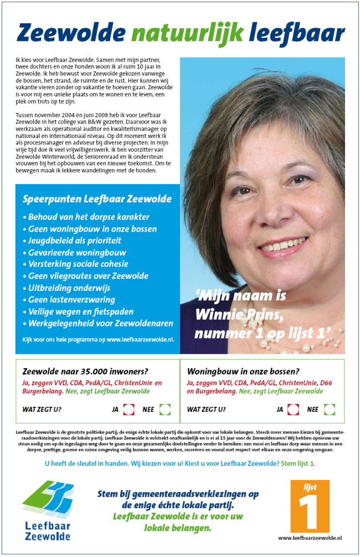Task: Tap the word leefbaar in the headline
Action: [x=296, y=34]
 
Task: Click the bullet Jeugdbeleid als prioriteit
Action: [x=72, y=241]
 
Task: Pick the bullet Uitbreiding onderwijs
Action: [x=67, y=288]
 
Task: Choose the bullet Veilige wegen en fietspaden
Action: [x=79, y=311]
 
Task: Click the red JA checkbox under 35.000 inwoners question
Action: [x=129, y=410]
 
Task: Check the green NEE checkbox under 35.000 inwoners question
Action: [x=164, y=410]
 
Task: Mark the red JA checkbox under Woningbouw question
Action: [x=294, y=410]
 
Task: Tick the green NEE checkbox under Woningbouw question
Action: [x=330, y=410]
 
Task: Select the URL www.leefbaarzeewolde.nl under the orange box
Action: [x=310, y=538]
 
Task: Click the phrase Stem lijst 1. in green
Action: [x=298, y=463]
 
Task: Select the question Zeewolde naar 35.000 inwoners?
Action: [x=85, y=371]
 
